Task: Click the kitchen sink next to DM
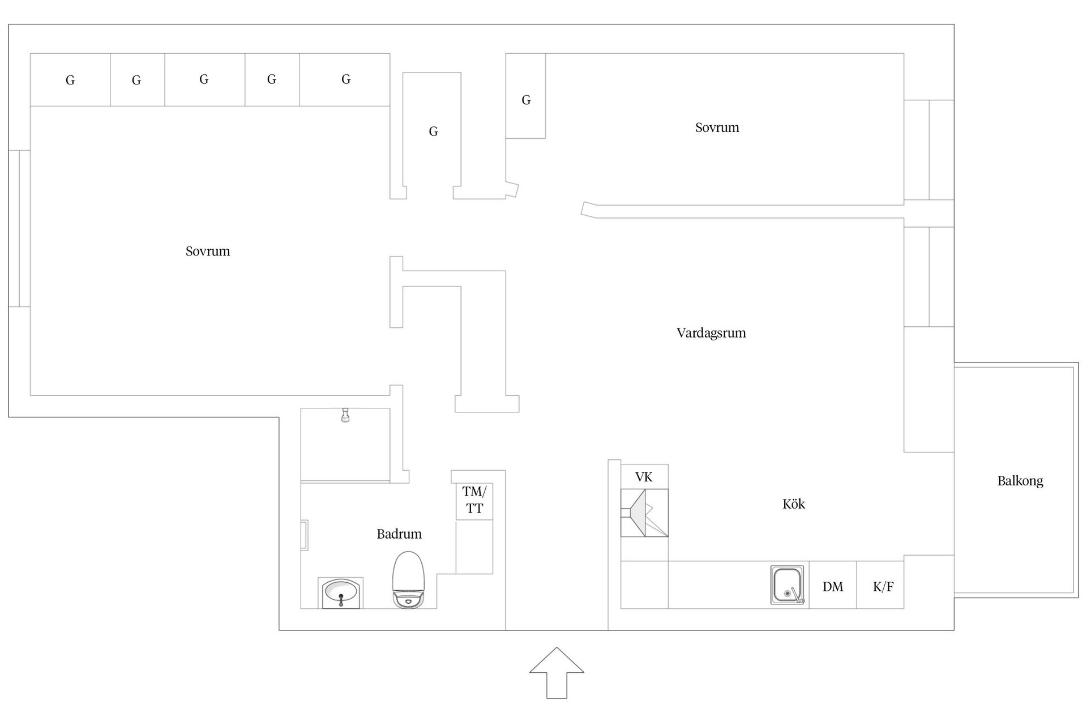click(x=787, y=585)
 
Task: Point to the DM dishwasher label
click(x=833, y=587)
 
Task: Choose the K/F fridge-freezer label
click(x=883, y=587)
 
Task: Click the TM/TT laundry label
click(x=474, y=500)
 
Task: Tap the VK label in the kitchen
click(x=644, y=477)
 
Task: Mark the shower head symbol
click(x=345, y=415)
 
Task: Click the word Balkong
click(x=1020, y=481)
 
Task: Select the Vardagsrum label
click(x=711, y=333)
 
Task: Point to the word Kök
click(x=793, y=504)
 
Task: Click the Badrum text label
click(x=399, y=534)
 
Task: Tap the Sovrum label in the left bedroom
click(x=208, y=251)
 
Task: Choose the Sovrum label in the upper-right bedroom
click(x=717, y=127)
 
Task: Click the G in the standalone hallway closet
click(x=433, y=131)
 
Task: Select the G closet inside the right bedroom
click(x=526, y=100)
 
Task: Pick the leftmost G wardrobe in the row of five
click(x=70, y=80)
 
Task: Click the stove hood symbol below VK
click(x=644, y=513)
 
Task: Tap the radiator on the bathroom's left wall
click(x=304, y=535)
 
